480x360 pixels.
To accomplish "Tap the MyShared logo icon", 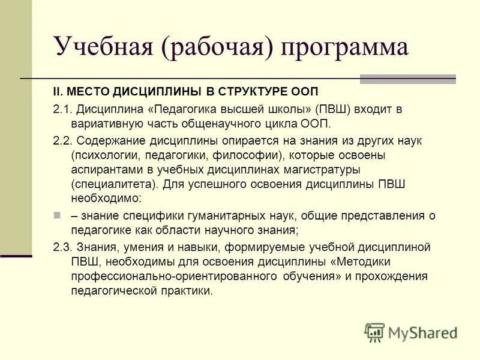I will (x=374, y=332).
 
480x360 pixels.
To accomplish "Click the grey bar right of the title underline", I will (x=407, y=79).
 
